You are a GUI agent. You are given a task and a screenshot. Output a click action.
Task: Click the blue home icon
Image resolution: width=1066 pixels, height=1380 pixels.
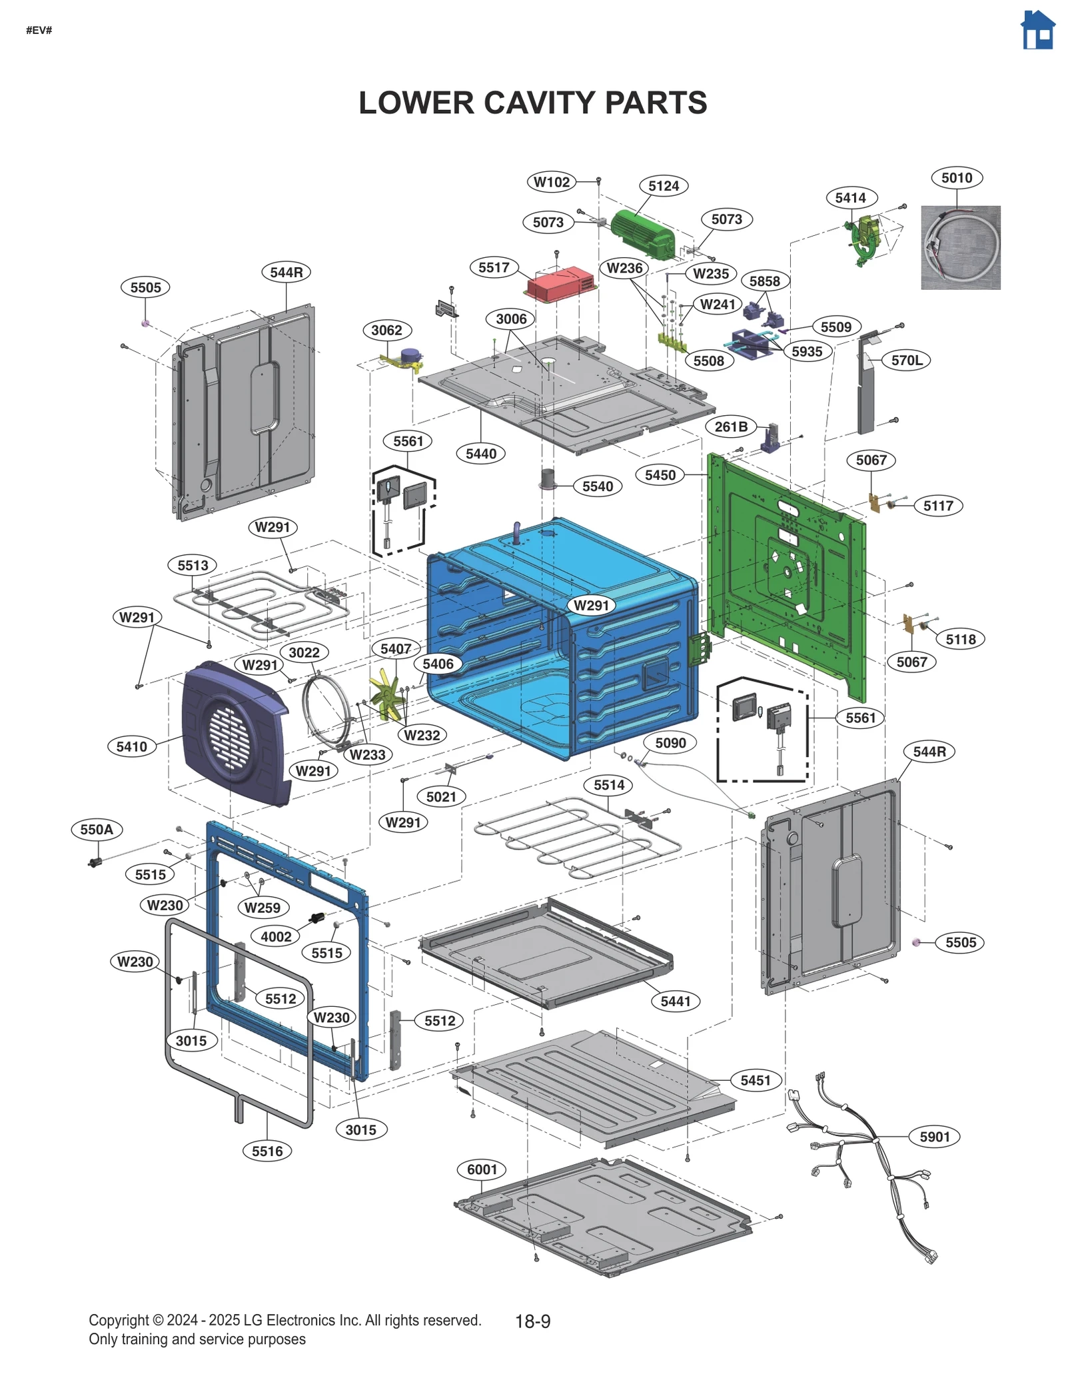pos(1037,30)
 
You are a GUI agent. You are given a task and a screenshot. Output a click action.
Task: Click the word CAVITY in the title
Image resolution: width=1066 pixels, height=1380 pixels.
pos(532,103)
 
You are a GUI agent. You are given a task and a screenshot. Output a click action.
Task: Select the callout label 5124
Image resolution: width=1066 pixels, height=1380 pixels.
pos(663,186)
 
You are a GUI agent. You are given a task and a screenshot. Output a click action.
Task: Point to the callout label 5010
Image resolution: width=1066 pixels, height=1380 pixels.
pos(956,178)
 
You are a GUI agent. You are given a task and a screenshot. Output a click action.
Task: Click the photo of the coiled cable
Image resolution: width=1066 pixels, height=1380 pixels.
pos(960,247)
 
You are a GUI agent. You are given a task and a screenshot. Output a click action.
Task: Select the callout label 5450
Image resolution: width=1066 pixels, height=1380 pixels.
pos(660,475)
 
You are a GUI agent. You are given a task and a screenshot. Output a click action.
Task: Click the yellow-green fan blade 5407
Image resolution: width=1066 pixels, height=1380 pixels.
pos(386,696)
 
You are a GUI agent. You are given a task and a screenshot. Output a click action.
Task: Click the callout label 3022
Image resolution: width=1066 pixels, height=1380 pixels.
pos(304,652)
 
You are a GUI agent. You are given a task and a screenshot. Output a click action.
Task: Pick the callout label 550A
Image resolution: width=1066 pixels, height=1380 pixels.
pos(97,830)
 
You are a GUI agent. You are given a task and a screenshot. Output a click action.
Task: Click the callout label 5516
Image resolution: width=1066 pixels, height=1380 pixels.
pos(267,1151)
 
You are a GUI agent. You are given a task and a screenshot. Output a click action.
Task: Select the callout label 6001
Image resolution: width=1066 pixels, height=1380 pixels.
pos(482,1169)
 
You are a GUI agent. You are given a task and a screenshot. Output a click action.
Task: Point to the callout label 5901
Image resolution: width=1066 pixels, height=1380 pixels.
pos(934,1137)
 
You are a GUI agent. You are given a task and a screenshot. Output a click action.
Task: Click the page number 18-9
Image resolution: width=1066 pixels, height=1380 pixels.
pos(532,1321)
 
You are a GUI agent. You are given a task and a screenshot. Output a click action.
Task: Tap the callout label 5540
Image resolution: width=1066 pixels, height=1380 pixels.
pos(597,486)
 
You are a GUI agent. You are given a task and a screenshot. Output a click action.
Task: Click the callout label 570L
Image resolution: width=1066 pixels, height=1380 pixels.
pos(906,360)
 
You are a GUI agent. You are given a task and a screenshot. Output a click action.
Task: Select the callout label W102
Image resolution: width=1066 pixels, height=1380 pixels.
pos(552,182)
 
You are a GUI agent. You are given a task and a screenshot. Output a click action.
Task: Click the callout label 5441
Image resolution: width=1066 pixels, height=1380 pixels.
pos(675,1002)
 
